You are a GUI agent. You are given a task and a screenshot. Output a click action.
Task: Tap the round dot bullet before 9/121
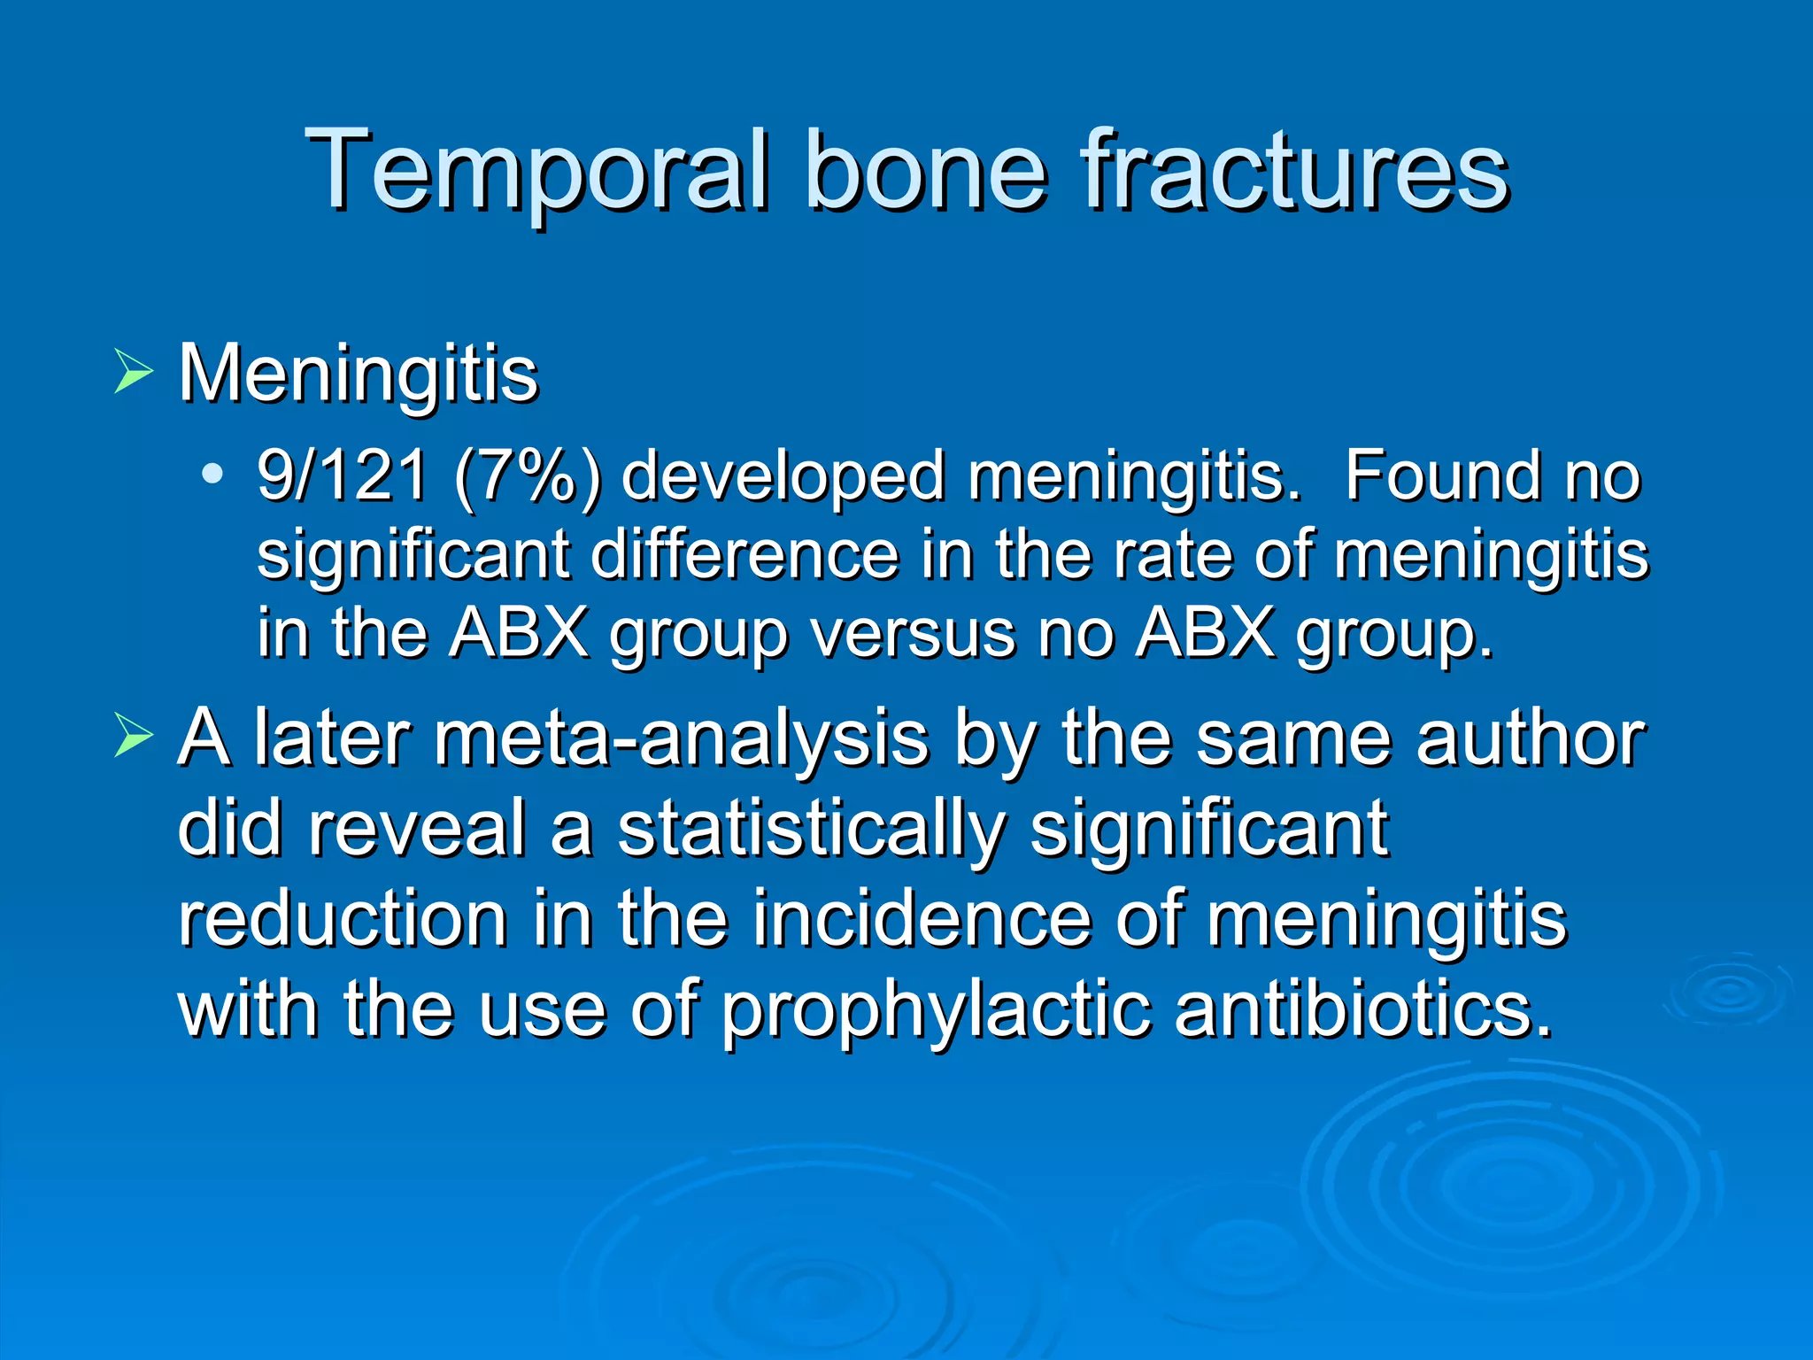pyautogui.click(x=212, y=474)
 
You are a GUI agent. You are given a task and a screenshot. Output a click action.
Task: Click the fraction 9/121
pyautogui.click(x=342, y=475)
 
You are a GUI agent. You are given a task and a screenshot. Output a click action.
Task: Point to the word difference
pyautogui.click(x=744, y=554)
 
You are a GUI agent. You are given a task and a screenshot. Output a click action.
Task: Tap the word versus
pyautogui.click(x=913, y=634)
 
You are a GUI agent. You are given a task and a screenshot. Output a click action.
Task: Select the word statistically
pyautogui.click(x=811, y=831)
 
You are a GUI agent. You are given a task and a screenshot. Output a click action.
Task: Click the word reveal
pyautogui.click(x=418, y=829)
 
